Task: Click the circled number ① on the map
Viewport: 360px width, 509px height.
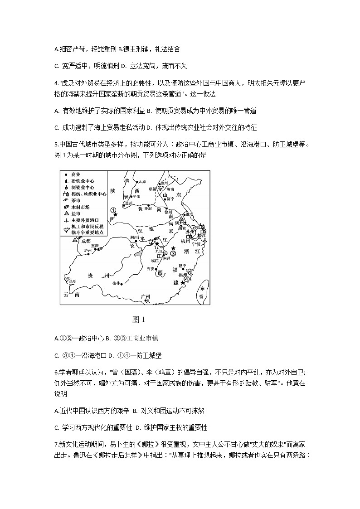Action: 114,209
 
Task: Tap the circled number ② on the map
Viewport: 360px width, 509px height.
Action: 152,242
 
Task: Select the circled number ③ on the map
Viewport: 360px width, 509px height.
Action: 173,253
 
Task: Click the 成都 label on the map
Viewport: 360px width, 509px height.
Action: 86,241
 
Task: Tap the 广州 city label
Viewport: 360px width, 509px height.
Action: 145,296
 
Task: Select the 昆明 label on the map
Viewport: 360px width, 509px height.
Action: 72,281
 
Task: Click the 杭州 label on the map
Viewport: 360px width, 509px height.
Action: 185,242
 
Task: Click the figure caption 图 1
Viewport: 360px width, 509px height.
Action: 138,320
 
